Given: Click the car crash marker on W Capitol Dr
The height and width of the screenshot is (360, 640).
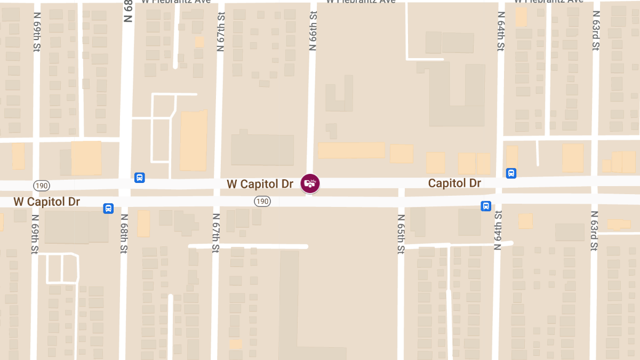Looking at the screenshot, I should [x=310, y=183].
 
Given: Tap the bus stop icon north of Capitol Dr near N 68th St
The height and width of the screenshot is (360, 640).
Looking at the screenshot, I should [x=139, y=177].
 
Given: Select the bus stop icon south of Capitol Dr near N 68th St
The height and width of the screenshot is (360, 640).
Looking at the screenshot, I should [x=108, y=208].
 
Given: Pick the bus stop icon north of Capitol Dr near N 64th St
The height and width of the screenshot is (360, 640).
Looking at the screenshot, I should [x=511, y=173].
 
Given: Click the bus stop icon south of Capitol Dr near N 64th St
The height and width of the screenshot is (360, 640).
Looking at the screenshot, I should [x=486, y=206].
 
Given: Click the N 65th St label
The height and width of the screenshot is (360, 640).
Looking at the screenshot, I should [x=401, y=234].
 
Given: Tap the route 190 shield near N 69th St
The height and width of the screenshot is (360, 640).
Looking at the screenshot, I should [x=41, y=185].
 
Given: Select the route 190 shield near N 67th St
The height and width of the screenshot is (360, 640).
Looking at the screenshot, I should [x=262, y=201].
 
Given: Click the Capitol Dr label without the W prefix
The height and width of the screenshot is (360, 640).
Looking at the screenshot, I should [x=454, y=183].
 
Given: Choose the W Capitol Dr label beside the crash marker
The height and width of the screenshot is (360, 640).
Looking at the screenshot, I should [x=260, y=184].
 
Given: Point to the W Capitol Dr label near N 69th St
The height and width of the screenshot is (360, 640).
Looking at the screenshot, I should [x=46, y=202].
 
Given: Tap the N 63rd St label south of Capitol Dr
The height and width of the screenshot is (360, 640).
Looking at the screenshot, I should [x=594, y=231].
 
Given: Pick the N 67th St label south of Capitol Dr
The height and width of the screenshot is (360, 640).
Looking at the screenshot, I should [x=216, y=233].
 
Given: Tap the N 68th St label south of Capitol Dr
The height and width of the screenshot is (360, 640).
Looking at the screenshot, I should [x=124, y=233].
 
